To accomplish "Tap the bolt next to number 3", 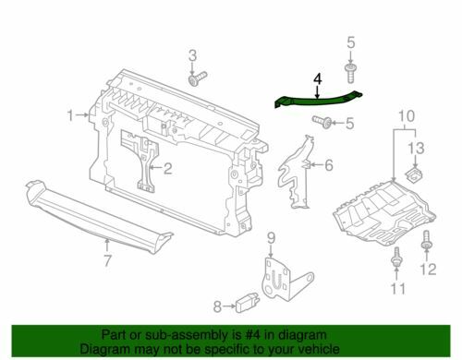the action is [x=197, y=78].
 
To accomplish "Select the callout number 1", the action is [x=71, y=115].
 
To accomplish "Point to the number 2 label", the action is [x=167, y=168].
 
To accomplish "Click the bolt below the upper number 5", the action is [x=350, y=73].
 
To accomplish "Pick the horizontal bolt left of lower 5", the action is [x=322, y=122].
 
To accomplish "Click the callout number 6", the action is [x=329, y=165].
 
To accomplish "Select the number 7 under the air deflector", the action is [x=107, y=260].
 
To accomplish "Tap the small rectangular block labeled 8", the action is [x=247, y=304].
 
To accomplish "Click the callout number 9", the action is [x=271, y=239].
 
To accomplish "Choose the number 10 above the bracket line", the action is [x=407, y=116].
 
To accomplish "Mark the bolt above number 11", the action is [x=396, y=257].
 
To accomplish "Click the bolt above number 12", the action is [x=426, y=240].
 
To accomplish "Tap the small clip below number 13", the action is [x=413, y=174].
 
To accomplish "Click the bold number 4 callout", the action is [x=318, y=79].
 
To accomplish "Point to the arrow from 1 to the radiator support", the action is [x=82, y=115].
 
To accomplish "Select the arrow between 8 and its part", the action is [x=229, y=306].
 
